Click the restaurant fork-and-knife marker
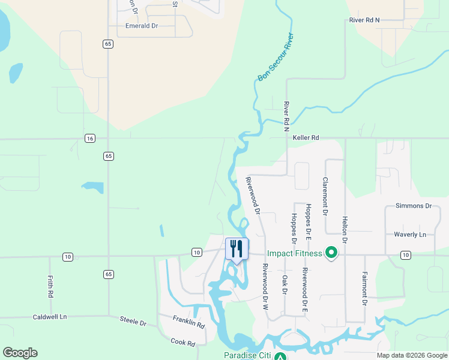point(237,248)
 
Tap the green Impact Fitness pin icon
point(331,253)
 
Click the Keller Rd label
point(306,137)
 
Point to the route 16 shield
point(90,139)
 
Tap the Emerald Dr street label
point(142,26)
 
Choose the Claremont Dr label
point(325,196)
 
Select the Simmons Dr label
point(414,206)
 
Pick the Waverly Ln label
point(410,234)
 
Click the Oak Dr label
point(285,285)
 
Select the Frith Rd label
point(50,287)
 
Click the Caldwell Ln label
point(50,316)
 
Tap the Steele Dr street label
point(133,322)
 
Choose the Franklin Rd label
point(189,322)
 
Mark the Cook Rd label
point(183,343)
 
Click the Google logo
point(20,353)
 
